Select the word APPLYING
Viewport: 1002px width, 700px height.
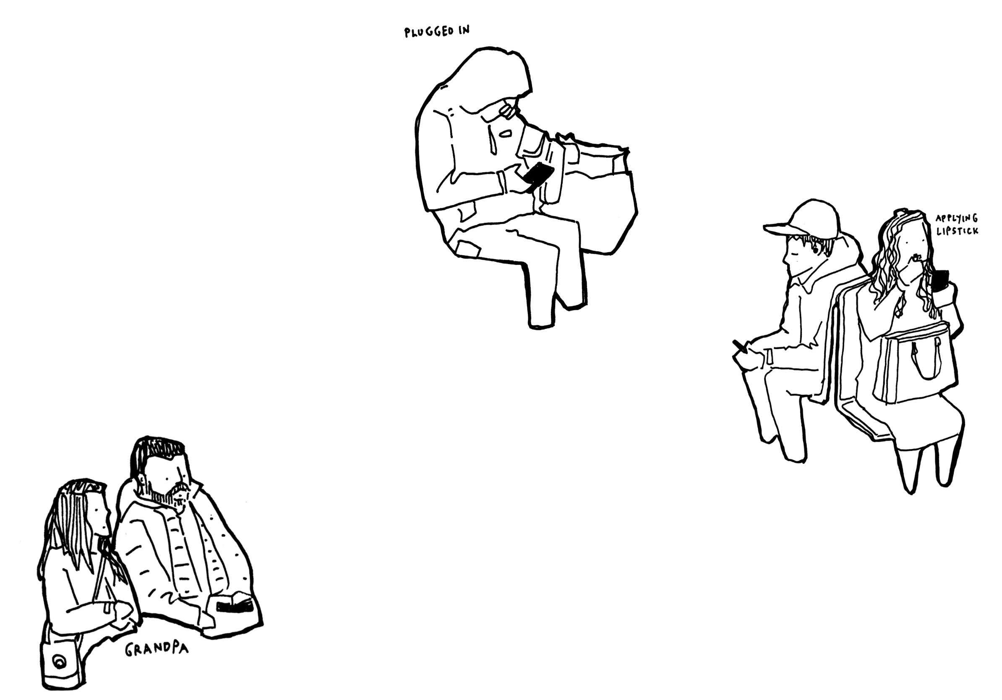pyautogui.click(x=957, y=218)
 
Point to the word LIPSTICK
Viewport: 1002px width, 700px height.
pyautogui.click(x=957, y=231)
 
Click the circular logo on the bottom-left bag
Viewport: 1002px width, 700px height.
pyautogui.click(x=59, y=661)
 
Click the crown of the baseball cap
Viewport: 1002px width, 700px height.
pyautogui.click(x=815, y=218)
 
